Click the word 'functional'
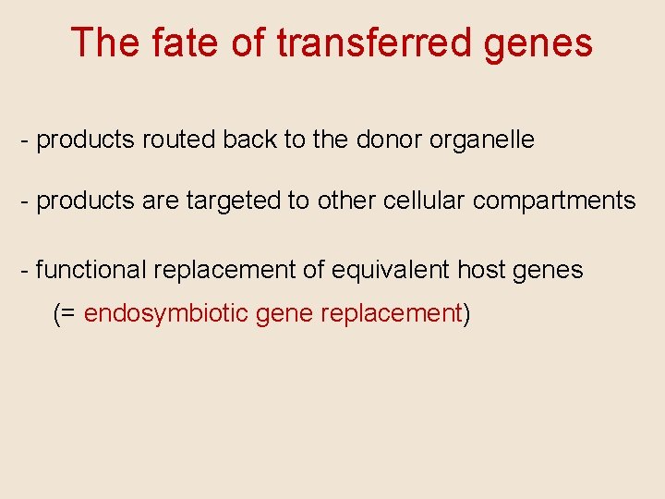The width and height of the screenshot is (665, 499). [91, 270]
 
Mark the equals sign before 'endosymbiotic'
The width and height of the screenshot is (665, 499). [69, 314]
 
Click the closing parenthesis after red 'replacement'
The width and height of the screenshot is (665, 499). [466, 314]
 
